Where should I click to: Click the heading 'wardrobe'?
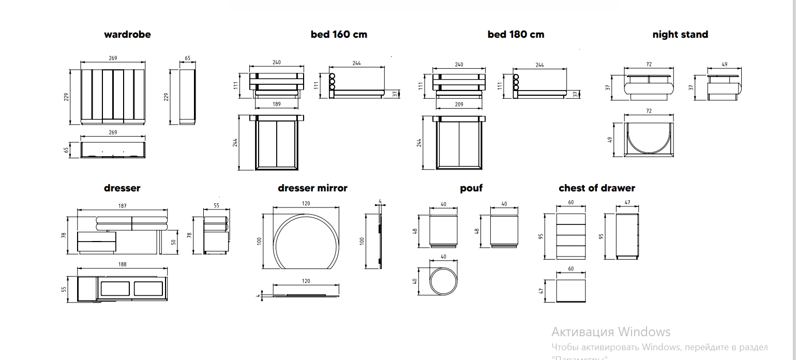(127, 35)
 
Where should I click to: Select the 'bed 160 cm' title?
(339, 35)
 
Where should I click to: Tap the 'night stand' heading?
(680, 35)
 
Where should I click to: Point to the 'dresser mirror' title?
(312, 188)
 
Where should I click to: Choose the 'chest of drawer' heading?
(596, 188)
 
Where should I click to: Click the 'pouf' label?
(471, 188)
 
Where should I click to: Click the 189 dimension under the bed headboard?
(277, 104)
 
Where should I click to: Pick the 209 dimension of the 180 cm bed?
(459, 104)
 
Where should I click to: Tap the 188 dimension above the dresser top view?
(123, 265)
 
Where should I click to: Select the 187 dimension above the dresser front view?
(123, 206)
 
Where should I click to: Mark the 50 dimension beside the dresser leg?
(174, 242)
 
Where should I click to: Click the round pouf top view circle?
(444, 281)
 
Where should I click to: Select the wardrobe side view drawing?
(187, 97)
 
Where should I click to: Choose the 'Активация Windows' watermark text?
(611, 332)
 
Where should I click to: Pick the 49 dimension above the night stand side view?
(724, 65)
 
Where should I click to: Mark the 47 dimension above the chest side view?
(627, 203)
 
